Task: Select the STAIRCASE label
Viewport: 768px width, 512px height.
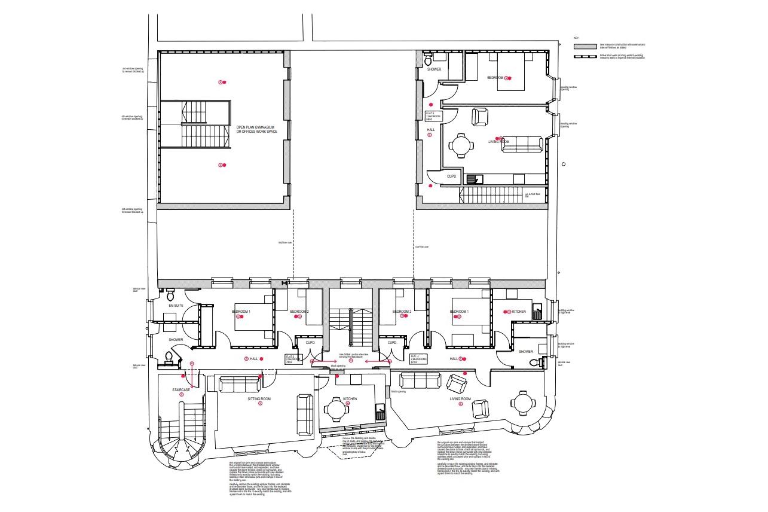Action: coord(181,390)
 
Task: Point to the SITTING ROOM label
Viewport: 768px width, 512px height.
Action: coord(260,397)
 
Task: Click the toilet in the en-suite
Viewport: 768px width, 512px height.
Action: coord(170,295)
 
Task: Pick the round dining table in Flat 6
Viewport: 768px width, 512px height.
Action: coord(461,145)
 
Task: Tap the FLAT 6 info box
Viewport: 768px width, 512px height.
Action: coord(433,116)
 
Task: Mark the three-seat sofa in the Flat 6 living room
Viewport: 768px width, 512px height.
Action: coord(522,144)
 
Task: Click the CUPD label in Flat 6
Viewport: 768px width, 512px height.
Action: coord(452,176)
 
